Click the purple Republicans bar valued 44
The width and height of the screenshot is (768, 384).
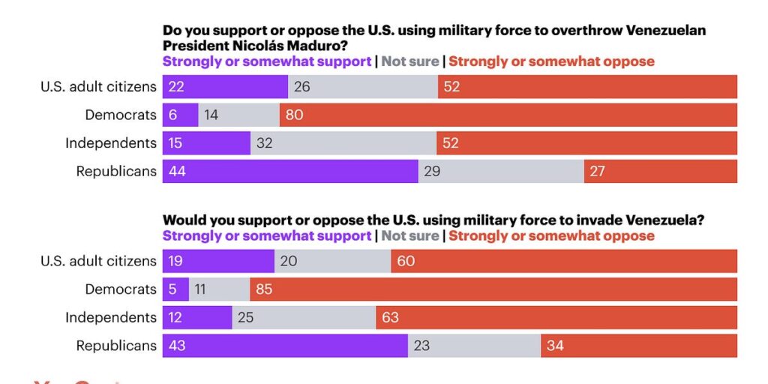[x=290, y=171]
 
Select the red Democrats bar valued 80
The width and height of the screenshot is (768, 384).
[x=508, y=115]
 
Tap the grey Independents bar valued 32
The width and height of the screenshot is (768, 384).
[x=343, y=143]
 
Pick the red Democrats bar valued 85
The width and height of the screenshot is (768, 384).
[x=493, y=289]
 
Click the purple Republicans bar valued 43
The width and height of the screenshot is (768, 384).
[x=285, y=346]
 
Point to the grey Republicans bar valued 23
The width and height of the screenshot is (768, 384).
[x=474, y=346]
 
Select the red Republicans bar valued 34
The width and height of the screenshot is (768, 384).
[x=638, y=346]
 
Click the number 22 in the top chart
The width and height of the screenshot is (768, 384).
[x=177, y=87]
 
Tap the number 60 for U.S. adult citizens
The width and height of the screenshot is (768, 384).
[x=406, y=262]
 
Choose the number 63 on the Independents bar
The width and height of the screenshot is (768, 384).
[x=390, y=318]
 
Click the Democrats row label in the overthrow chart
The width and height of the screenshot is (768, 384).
[x=120, y=115]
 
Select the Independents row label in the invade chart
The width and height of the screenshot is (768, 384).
[x=110, y=318]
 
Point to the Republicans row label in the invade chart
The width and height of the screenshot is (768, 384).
[x=116, y=346]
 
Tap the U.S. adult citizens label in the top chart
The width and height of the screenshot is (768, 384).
[x=98, y=87]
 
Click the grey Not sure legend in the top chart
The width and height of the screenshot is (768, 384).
[x=409, y=61]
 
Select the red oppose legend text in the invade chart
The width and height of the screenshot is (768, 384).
[x=551, y=236]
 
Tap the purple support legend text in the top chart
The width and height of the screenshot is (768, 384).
[x=267, y=61]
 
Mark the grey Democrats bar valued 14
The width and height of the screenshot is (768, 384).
[x=238, y=115]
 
